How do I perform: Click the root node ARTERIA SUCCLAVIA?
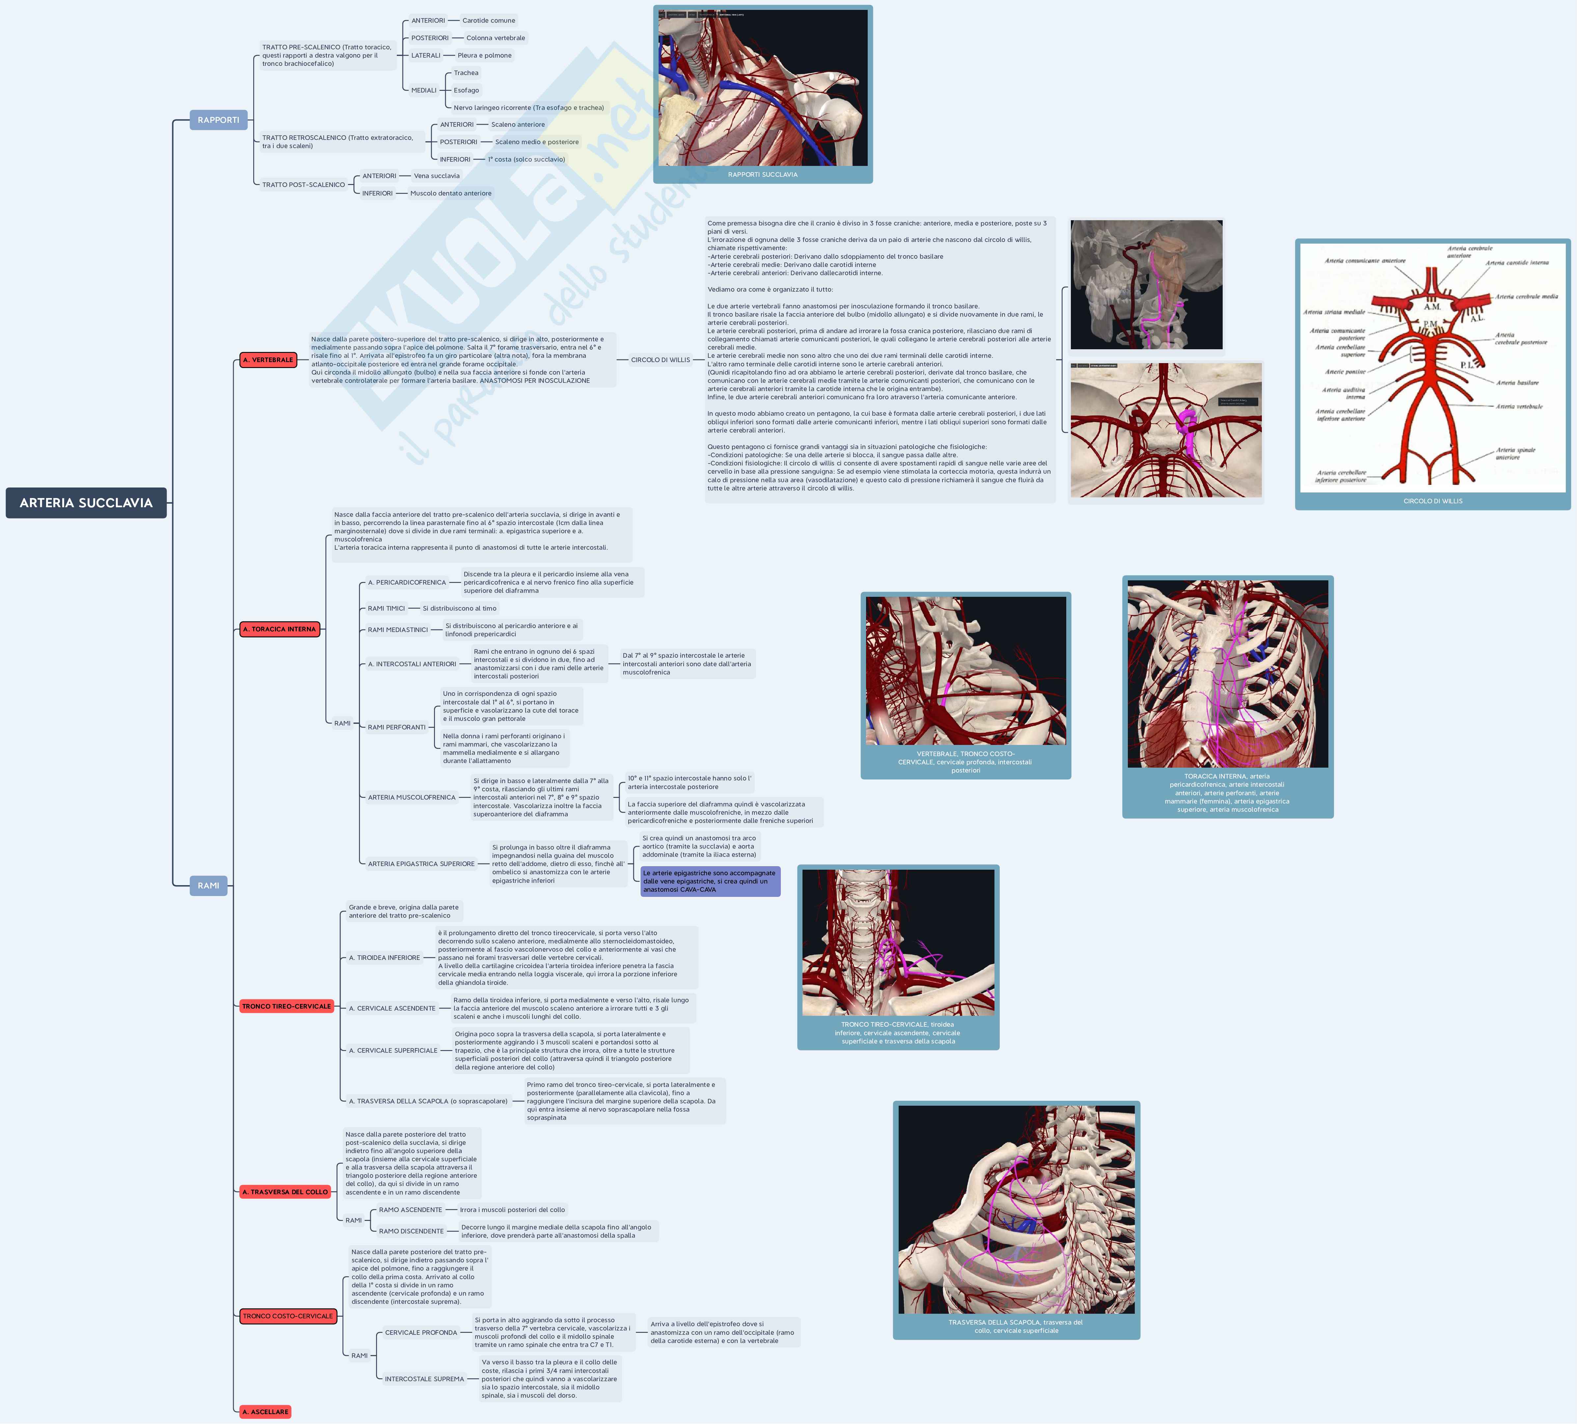(x=86, y=503)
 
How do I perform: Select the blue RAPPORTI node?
(x=218, y=119)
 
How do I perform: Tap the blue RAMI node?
(x=208, y=885)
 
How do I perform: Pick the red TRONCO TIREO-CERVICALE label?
(x=286, y=1006)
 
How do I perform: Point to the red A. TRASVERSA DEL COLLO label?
(x=285, y=1192)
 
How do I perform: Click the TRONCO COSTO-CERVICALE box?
(x=288, y=1316)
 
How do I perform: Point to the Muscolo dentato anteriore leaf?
(x=450, y=193)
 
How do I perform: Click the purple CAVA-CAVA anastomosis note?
(x=710, y=881)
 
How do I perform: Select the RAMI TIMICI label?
(x=386, y=608)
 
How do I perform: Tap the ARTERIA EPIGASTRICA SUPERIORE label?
(x=421, y=864)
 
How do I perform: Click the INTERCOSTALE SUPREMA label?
(x=424, y=1379)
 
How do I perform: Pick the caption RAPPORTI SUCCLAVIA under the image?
(x=763, y=174)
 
